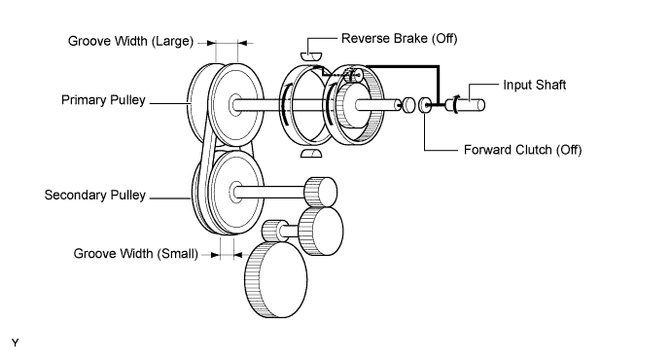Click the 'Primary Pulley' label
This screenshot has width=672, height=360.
tap(103, 100)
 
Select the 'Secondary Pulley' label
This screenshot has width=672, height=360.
tap(95, 196)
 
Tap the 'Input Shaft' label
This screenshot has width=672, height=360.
tap(535, 85)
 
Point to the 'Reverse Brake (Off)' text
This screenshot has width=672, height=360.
tap(400, 39)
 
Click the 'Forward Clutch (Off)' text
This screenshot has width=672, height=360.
tap(523, 150)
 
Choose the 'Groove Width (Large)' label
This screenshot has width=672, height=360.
tap(130, 41)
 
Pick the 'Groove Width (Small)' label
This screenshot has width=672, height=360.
tap(136, 254)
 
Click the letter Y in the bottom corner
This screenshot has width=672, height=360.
tap(16, 342)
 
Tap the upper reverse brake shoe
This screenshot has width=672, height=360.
tap(310, 56)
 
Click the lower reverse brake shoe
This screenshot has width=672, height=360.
tap(311, 154)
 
